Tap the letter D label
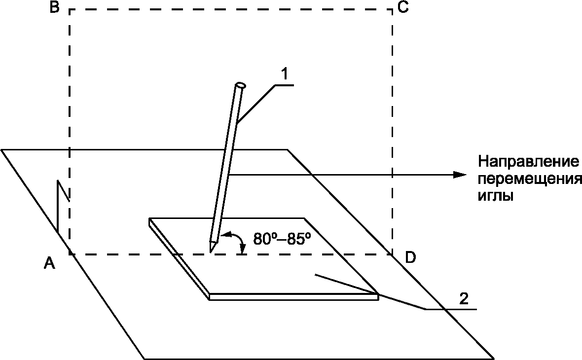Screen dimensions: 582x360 (410, 257)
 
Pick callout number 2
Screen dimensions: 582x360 (464, 299)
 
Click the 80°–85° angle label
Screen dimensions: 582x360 (282, 239)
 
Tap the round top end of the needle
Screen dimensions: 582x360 (241, 85)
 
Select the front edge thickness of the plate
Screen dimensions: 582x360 (293, 296)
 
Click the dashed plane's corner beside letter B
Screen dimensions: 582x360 (70, 10)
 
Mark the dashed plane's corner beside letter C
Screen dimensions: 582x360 (393, 10)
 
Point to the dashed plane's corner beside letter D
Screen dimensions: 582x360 (393, 254)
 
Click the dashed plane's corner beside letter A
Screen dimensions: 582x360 (70, 254)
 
